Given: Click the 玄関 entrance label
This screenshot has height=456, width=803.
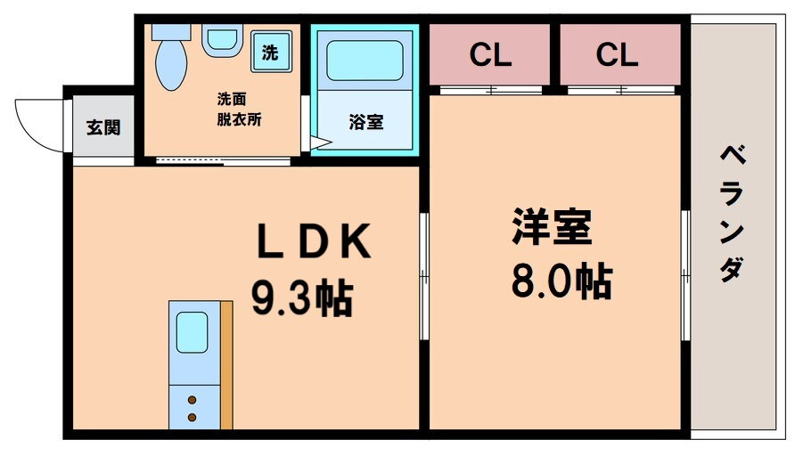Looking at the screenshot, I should pos(103,127).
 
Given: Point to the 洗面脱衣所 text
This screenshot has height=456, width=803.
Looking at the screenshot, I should pos(239,110).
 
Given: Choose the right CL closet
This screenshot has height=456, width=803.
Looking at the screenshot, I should pos(618,55).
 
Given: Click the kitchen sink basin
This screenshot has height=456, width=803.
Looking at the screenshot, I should pos(193,333).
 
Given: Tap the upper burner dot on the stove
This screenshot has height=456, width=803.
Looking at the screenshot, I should pos(193,400).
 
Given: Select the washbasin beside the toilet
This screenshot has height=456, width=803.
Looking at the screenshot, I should pos(221,40).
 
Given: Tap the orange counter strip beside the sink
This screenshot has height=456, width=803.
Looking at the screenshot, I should pos(226,365).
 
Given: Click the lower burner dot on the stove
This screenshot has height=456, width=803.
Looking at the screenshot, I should pos(193,416).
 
